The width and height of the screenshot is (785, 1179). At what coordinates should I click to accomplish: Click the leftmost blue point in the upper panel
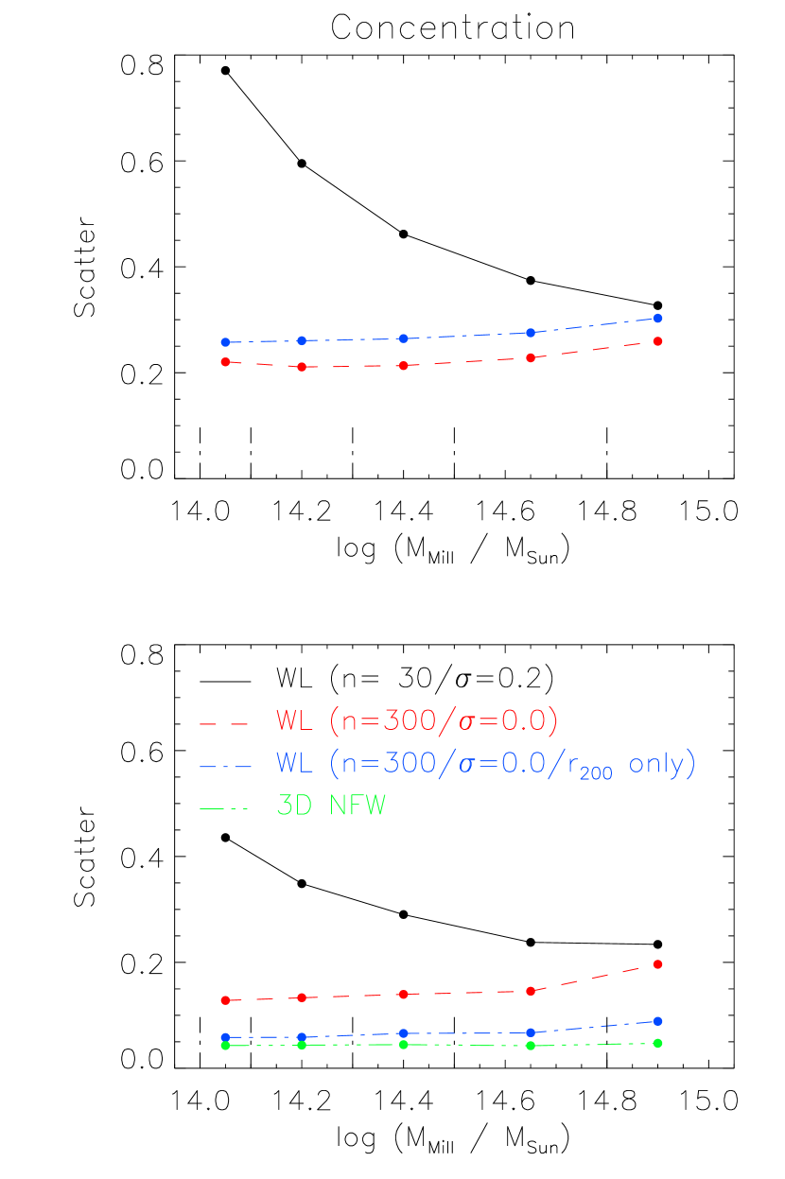pos(225,342)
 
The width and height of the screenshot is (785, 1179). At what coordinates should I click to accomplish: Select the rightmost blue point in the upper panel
pos(657,319)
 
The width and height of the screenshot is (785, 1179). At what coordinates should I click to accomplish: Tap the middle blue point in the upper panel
pos(403,338)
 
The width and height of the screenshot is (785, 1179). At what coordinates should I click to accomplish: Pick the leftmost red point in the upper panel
pos(225,362)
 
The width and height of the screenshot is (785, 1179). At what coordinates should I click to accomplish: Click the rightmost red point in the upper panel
pos(657,341)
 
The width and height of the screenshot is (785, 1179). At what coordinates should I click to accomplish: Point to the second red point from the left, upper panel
pos(302,367)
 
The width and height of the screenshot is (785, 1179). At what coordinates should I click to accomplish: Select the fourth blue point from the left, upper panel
pos(531,333)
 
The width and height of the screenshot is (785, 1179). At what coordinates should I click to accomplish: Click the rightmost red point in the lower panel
pos(657,964)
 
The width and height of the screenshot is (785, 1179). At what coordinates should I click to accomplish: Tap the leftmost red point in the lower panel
pos(225,1000)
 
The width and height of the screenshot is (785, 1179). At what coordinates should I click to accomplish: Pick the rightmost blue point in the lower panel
pos(657,1021)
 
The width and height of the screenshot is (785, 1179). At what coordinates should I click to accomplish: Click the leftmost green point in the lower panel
pos(225,1046)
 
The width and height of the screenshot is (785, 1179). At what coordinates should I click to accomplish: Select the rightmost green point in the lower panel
pos(657,1044)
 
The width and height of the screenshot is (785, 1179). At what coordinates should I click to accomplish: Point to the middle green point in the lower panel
pos(403,1045)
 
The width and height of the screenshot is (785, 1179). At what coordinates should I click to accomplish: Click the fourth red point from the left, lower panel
pos(531,991)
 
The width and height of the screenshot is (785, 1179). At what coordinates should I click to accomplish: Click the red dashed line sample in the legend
pos(224,724)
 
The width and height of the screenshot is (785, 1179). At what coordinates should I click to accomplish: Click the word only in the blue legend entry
pos(654,764)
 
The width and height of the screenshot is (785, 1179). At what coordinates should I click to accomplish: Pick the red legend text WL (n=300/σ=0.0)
pos(417,721)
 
